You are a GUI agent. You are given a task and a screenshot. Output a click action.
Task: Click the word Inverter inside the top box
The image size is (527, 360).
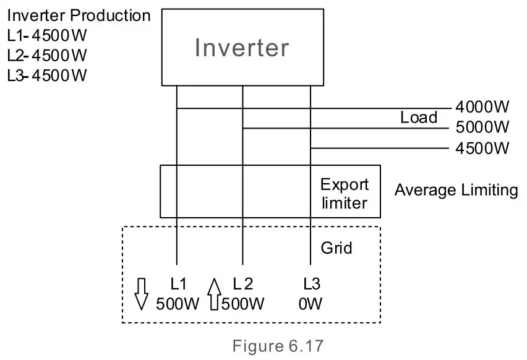tap(242, 48)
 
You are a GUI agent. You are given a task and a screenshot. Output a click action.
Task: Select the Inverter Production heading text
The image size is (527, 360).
tap(79, 15)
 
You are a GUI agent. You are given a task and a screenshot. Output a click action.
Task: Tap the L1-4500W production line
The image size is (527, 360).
tap(47, 35)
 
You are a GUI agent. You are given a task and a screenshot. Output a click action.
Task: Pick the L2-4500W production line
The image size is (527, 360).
tap(47, 55)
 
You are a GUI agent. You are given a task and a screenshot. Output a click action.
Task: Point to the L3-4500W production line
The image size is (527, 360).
tap(47, 75)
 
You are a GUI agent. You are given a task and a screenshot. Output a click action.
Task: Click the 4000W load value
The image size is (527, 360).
tap(482, 107)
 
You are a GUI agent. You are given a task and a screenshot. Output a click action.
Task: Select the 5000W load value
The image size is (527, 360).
tap(482, 127)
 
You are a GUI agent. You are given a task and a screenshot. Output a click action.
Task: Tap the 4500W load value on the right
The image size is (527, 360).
tap(482, 148)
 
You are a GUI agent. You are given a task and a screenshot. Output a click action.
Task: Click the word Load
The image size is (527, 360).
tap(419, 118)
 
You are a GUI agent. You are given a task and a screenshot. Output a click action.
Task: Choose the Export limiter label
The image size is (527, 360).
tap(344, 193)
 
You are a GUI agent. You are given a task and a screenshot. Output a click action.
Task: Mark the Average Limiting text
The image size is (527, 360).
tap(456, 191)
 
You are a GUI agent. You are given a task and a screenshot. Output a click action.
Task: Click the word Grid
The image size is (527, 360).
tap(336, 248)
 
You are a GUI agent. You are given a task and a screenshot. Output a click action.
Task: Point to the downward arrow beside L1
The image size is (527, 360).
tap(142, 293)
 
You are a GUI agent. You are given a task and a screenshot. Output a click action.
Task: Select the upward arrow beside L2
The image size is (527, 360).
tap(214, 293)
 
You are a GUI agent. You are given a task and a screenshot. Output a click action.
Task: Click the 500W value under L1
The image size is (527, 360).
tap(178, 304)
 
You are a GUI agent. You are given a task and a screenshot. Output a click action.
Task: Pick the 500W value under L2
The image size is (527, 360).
tap(244, 304)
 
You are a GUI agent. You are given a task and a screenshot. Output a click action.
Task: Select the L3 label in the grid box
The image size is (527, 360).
tap(312, 284)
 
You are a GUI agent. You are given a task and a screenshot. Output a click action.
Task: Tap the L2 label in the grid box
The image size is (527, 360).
tap(242, 284)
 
